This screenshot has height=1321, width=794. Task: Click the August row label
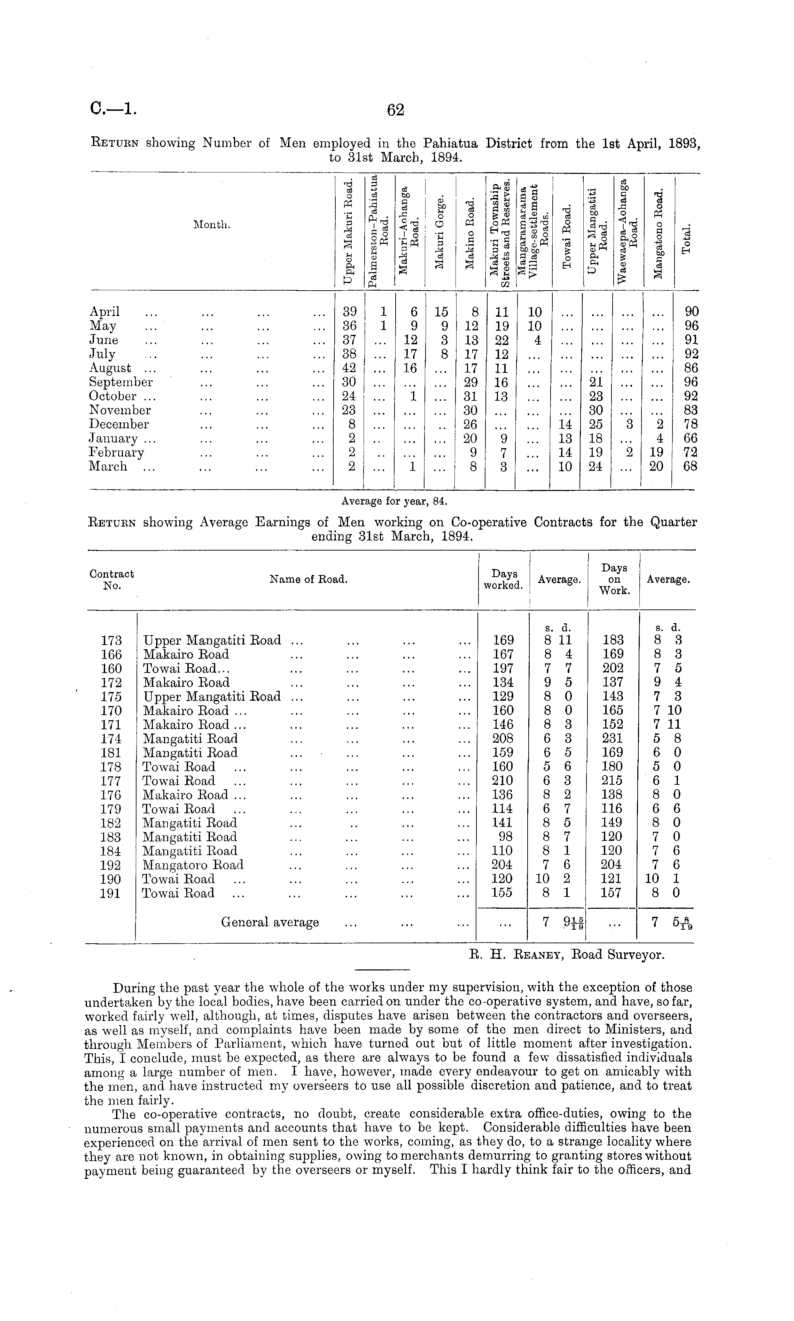coord(110,368)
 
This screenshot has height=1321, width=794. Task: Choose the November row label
coord(120,410)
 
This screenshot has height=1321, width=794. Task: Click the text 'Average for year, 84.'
coord(394,501)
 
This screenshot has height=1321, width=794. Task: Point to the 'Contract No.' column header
coord(111,579)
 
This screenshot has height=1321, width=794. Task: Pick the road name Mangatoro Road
coord(193,866)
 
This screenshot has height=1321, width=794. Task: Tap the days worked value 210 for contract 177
coord(502,781)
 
